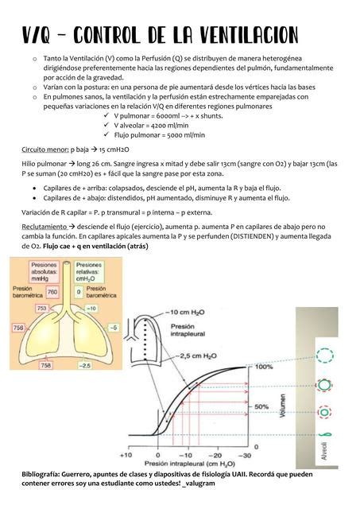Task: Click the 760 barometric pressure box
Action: [x=52, y=293]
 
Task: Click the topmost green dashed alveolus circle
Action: [x=325, y=356]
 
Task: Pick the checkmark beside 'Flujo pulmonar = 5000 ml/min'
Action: [x=107, y=136]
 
